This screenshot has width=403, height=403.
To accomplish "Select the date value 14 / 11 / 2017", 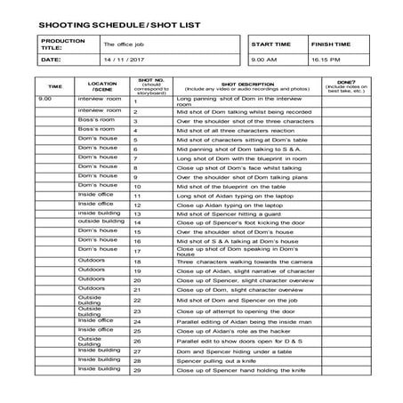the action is (124, 60).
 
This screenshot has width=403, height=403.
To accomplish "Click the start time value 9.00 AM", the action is (264, 60).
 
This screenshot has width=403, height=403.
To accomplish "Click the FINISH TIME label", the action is (330, 44).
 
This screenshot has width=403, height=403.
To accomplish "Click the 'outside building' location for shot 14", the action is (95, 222).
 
